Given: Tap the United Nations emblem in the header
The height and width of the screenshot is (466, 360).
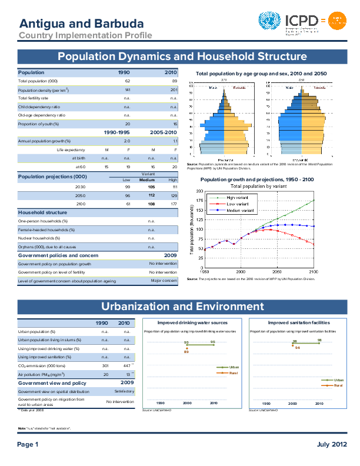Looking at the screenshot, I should tap(269, 22).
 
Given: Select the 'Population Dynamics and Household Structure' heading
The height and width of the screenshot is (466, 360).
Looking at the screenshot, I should tap(182, 56).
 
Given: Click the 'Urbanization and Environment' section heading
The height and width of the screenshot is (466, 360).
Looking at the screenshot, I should tap(182, 307).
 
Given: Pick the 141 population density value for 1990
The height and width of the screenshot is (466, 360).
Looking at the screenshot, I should tap(127, 89).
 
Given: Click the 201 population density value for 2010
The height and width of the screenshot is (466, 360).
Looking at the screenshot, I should tap(174, 89).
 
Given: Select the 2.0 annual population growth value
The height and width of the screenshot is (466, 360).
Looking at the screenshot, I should tap(127, 141).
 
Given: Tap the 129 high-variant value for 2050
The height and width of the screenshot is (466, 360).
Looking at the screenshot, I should tap(172, 195).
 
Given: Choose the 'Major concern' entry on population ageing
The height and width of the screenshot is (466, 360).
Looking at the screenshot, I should tap(164, 281).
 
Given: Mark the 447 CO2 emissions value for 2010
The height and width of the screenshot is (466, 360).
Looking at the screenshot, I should tap(124, 365).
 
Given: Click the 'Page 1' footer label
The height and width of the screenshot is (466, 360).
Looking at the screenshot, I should tap(28, 444).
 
